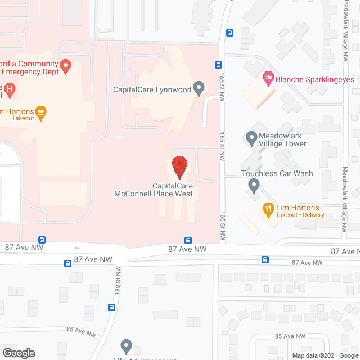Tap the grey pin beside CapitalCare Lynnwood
(x=198, y=88)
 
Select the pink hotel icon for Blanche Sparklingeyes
(x=269, y=79)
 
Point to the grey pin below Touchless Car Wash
(x=254, y=185)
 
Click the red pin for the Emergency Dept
(x=65, y=67)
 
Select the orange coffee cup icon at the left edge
(x=41, y=113)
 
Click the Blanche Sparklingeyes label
(x=315, y=79)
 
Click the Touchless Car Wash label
(x=277, y=173)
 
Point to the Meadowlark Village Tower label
(x=282, y=139)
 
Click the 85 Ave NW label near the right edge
(x=290, y=336)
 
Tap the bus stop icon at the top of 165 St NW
(x=229, y=33)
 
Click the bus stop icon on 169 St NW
(x=111, y=307)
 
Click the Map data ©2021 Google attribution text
(x=324, y=355)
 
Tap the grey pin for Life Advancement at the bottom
(x=126, y=346)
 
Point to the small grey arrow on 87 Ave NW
(x=77, y=247)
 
